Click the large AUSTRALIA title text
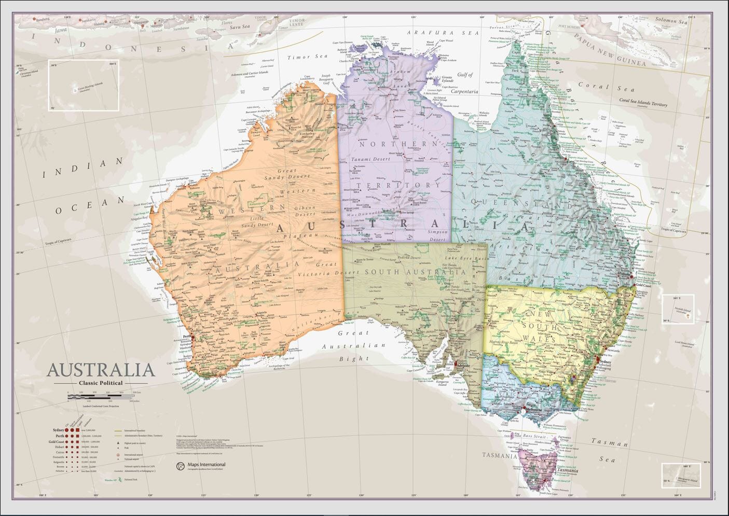[101, 370]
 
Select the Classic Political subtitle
[101, 383]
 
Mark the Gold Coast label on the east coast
[644, 285]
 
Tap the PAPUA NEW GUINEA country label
[611, 50]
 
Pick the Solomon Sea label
[672, 21]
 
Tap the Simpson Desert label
[437, 236]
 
